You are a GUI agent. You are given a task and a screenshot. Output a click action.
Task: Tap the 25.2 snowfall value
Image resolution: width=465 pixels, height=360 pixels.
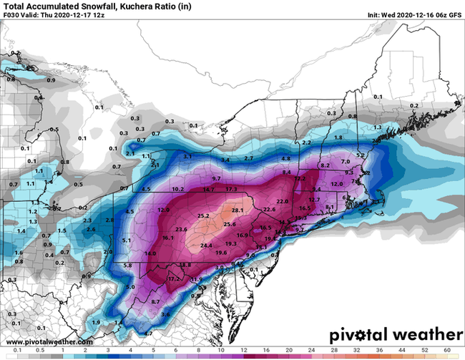coord(203,215)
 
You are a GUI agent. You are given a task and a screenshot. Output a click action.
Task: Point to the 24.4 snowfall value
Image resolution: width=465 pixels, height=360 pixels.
coord(206,245)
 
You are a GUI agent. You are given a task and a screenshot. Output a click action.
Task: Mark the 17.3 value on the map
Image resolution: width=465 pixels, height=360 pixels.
coord(231,188)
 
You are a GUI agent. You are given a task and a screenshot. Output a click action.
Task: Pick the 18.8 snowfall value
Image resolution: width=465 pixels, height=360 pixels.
coord(185,265)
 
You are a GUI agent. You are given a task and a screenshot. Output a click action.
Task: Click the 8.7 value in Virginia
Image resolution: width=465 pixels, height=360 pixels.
coord(156,303)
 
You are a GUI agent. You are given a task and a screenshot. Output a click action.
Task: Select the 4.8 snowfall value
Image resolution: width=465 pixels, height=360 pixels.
coord(285,158)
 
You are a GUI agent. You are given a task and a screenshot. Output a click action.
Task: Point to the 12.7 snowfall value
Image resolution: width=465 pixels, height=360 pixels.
coord(314,198)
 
